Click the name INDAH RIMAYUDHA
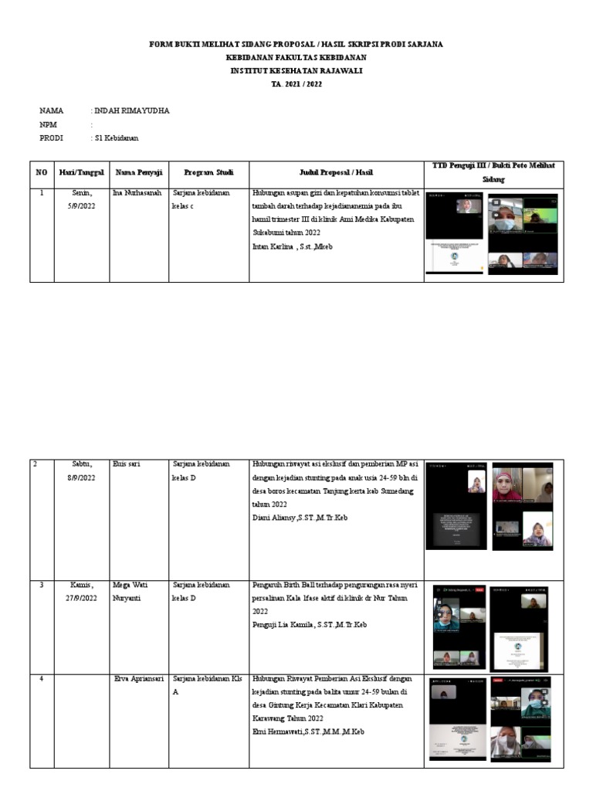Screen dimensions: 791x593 click(130, 111)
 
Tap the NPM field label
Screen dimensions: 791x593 click(48, 124)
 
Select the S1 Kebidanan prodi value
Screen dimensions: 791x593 click(116, 137)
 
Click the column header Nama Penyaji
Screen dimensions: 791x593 click(136, 172)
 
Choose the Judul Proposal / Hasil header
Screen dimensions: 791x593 click(336, 172)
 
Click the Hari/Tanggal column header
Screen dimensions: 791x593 click(81, 172)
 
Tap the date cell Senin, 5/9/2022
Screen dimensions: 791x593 click(81, 199)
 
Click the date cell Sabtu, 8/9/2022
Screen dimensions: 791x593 click(81, 471)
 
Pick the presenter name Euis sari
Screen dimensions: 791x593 click(125, 464)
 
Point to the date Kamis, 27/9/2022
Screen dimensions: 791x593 click(81, 592)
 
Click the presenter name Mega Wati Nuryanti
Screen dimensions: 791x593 click(131, 592)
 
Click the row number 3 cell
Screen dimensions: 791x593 click(42, 586)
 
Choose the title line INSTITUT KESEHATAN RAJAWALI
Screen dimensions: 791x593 click(296, 71)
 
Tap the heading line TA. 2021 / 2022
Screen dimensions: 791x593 click(296, 84)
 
